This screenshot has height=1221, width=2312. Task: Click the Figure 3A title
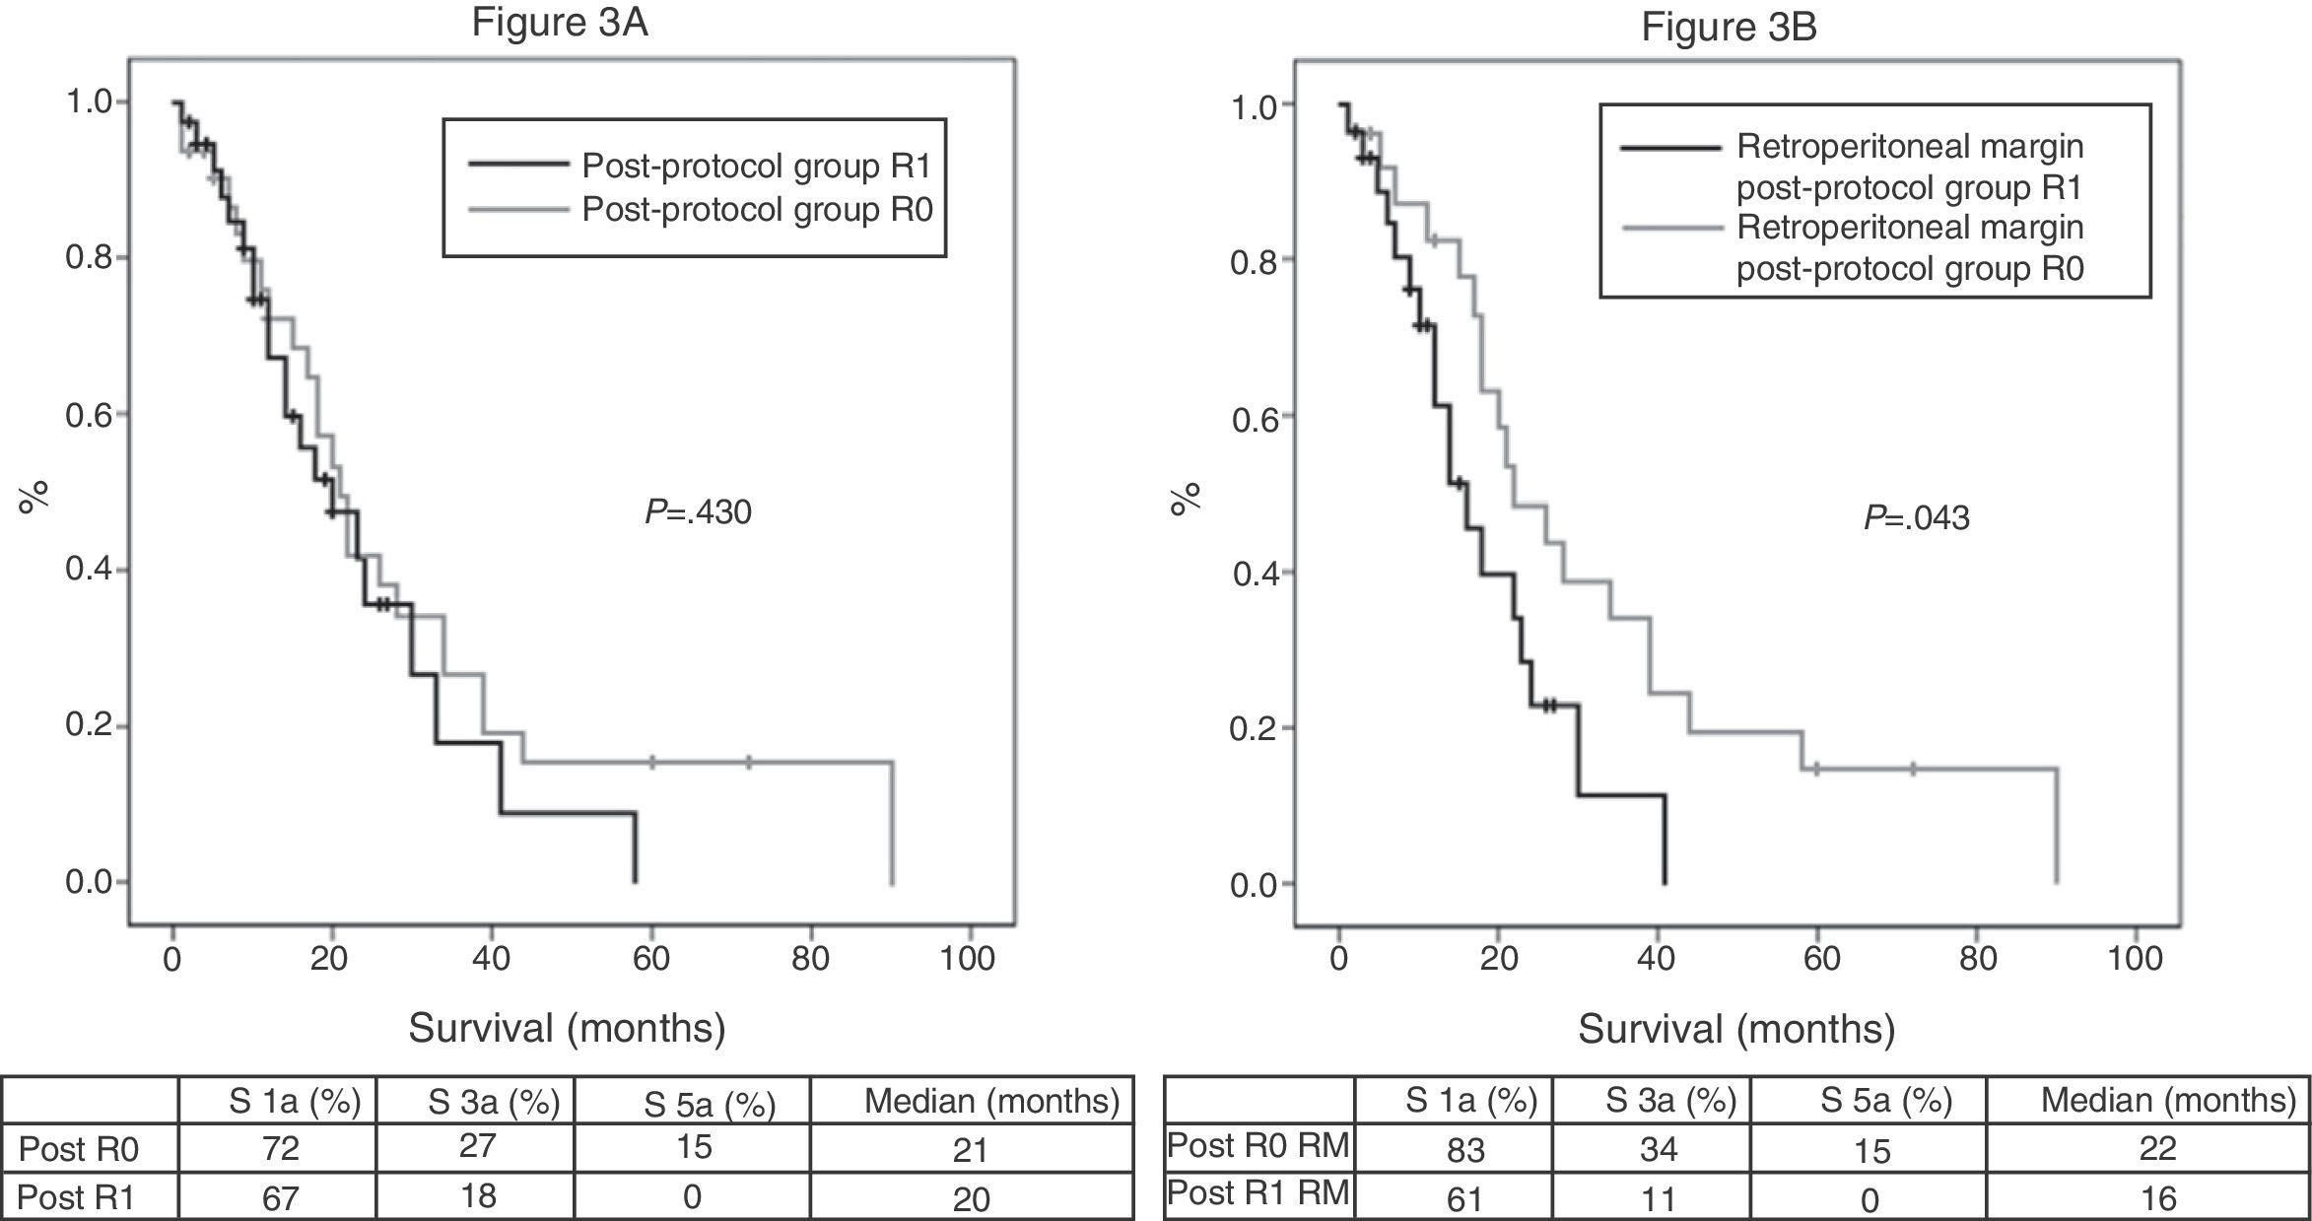(559, 23)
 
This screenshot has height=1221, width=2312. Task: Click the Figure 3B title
(1729, 27)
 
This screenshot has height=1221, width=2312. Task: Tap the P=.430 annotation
(698, 512)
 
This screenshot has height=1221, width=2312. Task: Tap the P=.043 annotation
(1916, 518)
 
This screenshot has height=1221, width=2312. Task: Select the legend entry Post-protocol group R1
(756, 166)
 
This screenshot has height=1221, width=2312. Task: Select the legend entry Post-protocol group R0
(756, 209)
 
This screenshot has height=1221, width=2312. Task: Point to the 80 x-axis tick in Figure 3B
(1977, 959)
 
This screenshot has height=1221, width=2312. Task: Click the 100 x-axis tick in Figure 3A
(967, 958)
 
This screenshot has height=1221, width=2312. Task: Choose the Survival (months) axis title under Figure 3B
(1736, 1029)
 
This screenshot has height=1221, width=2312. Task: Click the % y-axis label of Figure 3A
(34, 498)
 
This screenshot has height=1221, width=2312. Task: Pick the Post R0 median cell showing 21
(971, 1149)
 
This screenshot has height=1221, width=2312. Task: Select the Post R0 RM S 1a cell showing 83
(1454, 1149)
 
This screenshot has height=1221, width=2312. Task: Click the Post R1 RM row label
(1258, 1193)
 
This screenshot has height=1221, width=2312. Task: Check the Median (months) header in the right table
(2167, 1100)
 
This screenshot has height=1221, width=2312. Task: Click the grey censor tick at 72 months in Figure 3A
(749, 762)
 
